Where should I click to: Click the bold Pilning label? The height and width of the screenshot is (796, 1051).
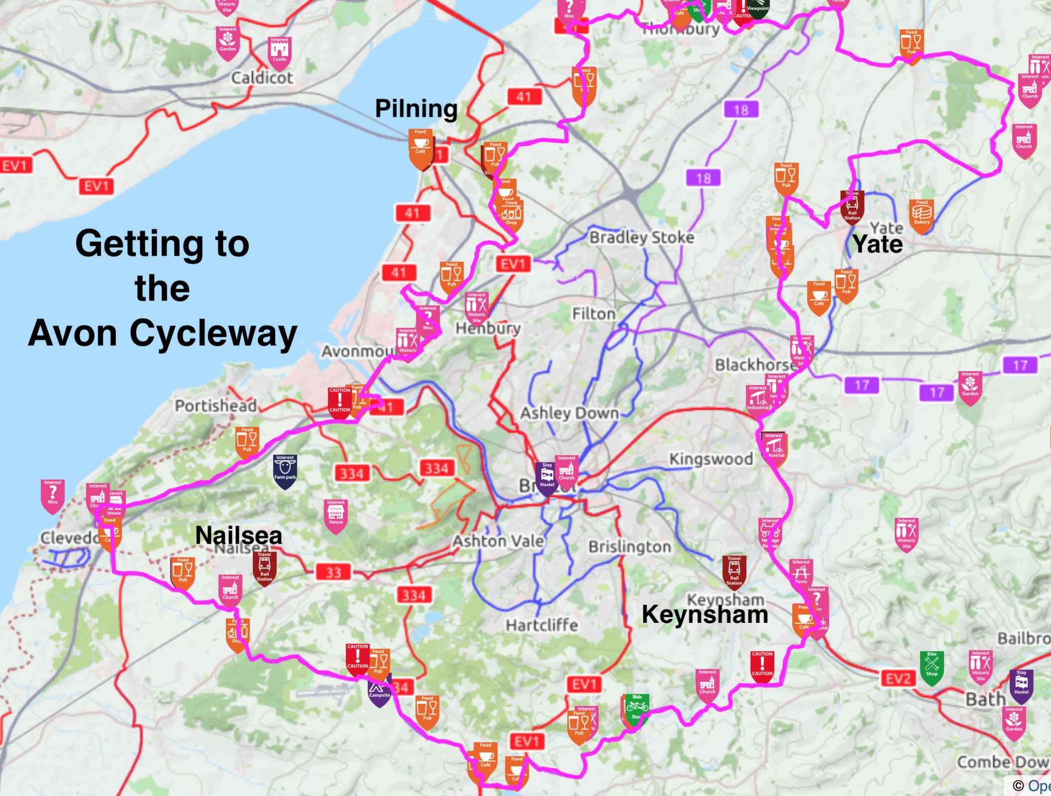click(x=416, y=109)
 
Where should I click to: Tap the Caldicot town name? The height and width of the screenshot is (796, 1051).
click(x=262, y=78)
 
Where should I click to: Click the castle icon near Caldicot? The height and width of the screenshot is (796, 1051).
click(x=279, y=50)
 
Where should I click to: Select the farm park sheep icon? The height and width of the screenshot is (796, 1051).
click(x=285, y=469)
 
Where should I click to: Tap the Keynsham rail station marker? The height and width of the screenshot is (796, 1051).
click(x=734, y=571)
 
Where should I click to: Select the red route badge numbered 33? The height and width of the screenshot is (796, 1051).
click(x=333, y=572)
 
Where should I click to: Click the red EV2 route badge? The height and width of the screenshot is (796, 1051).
click(x=898, y=679)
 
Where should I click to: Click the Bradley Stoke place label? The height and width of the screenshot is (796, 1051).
click(x=641, y=237)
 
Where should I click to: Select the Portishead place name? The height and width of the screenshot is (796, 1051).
click(x=215, y=405)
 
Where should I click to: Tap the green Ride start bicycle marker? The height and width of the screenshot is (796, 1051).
click(x=636, y=709)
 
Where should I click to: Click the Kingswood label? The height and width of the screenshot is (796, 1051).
click(x=711, y=459)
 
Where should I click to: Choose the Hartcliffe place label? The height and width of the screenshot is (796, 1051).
click(x=541, y=625)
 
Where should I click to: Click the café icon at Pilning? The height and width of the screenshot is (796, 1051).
click(x=420, y=147)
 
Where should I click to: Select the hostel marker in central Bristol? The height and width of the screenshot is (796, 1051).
click(x=547, y=477)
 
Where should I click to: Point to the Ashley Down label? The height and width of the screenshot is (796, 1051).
click(x=569, y=413)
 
